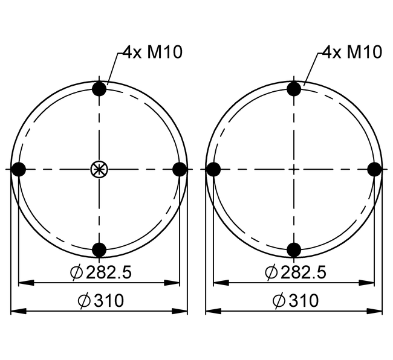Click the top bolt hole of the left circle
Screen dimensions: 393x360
[x=99, y=89]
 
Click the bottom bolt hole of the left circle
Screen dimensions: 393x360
[x=99, y=250]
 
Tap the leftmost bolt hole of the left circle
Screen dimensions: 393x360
[x=19, y=169]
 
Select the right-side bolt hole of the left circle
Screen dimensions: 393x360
[x=180, y=169]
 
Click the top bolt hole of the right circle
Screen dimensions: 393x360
[x=294, y=89]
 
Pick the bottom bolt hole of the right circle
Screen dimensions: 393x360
[x=294, y=250]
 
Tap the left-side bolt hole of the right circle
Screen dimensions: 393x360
[x=213, y=169]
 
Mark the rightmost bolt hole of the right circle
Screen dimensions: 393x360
[x=375, y=169]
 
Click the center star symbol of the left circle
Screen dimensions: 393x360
[x=99, y=169]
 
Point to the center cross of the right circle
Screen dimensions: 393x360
[x=294, y=169]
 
